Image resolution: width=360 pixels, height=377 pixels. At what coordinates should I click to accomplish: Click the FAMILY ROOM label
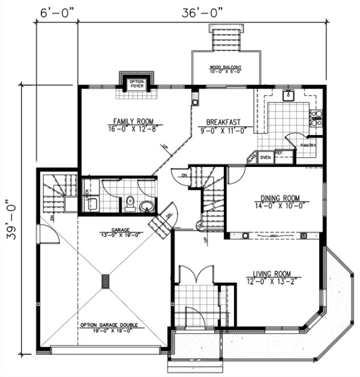point(134,121)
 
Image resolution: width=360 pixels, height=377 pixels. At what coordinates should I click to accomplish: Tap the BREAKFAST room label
point(223,122)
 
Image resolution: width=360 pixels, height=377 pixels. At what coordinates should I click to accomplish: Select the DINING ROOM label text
point(277,198)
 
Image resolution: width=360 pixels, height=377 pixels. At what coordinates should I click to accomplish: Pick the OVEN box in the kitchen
point(265,157)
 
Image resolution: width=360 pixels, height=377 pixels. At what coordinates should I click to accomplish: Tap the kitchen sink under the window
point(289,95)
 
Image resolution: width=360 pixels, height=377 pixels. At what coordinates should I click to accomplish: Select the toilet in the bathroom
point(129,202)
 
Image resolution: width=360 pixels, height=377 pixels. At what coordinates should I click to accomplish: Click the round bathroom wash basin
point(146,205)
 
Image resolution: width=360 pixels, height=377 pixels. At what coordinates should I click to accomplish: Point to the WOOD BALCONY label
point(227,68)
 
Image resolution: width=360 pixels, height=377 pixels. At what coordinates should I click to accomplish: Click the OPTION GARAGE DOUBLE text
point(108,325)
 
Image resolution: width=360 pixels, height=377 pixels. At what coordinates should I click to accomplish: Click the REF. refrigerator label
point(279,153)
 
